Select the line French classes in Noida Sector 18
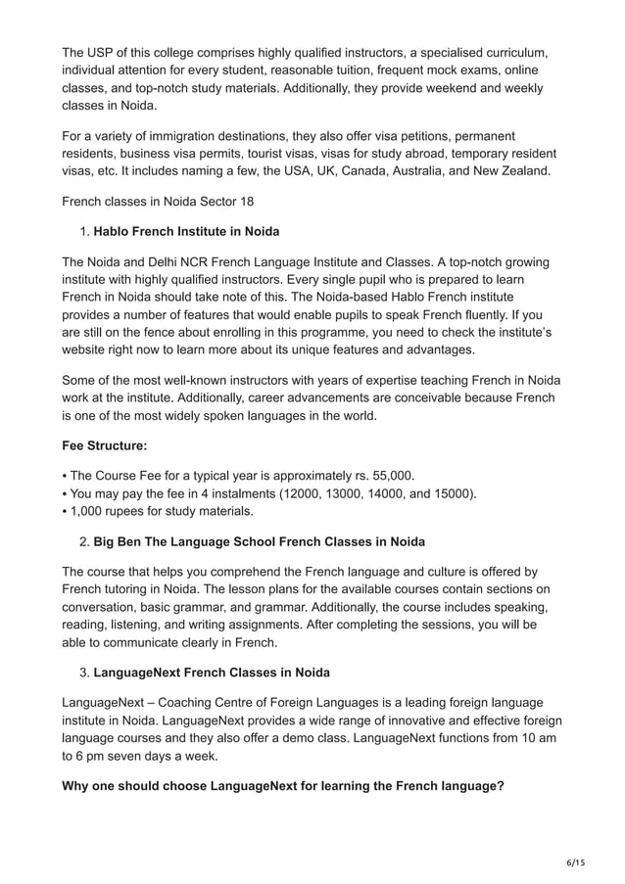(160, 202)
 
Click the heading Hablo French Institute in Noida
(186, 232)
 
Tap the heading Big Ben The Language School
(259, 541)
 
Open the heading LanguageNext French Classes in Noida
(212, 673)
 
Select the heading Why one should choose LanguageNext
(283, 784)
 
